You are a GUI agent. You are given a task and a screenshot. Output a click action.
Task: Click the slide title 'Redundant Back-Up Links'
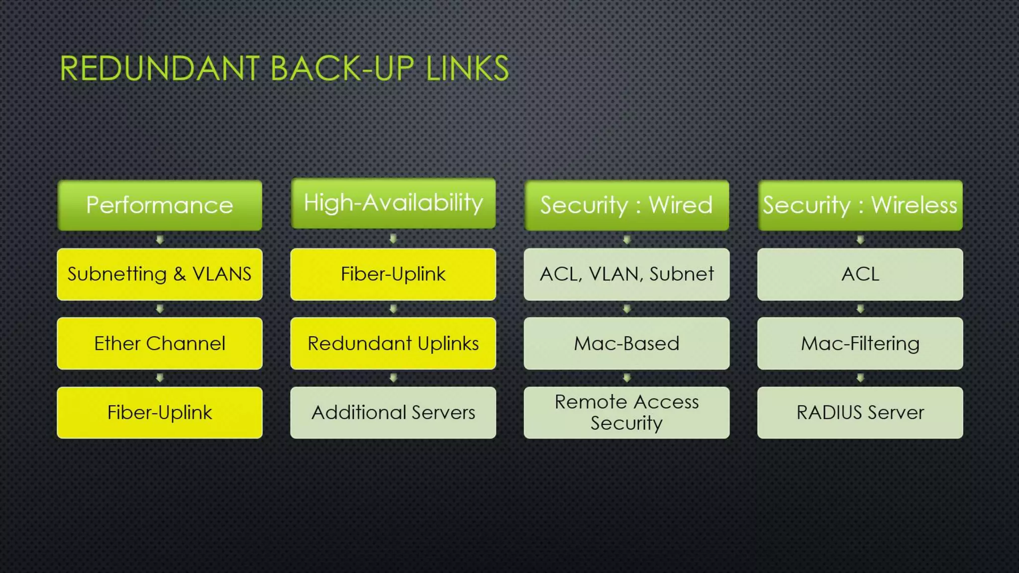coord(284,68)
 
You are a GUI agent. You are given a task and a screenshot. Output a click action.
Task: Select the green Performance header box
coord(160,205)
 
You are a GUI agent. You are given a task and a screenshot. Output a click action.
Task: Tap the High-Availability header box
coord(393,203)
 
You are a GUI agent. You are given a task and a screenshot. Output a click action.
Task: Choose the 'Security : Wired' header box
coord(626,205)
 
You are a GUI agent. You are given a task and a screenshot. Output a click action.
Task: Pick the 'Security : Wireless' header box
coord(860,205)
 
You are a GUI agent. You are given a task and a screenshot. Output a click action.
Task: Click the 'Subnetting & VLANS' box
coord(160,274)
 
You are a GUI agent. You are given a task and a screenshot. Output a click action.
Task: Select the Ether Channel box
coord(160,343)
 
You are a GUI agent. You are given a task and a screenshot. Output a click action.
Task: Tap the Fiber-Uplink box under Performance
coord(160,412)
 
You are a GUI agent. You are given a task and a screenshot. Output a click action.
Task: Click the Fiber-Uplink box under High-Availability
coord(393,274)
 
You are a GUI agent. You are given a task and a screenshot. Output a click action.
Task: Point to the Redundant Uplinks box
coord(393,343)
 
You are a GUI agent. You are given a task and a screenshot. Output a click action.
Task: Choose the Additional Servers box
coord(393,412)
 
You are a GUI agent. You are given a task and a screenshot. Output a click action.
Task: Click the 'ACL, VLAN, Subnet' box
coord(626,274)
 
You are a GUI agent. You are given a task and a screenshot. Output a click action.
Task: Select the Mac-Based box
coord(626,343)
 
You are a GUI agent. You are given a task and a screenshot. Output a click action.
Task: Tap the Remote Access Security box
coord(626,412)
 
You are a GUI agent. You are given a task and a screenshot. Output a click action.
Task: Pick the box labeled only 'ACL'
coord(860,274)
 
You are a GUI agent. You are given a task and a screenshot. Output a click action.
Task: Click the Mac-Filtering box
coord(860,343)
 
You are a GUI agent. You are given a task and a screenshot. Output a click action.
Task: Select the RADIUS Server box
coord(860,412)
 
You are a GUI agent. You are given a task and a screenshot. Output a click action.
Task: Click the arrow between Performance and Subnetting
coord(160,240)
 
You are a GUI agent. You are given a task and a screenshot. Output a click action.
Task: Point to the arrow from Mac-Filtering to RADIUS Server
coord(860,378)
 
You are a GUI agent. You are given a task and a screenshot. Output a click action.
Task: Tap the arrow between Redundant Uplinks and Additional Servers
coord(393,378)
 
